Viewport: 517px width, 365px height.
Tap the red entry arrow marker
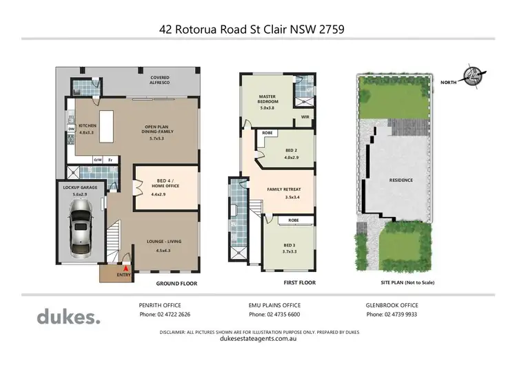125,269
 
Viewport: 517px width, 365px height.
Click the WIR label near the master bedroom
305,118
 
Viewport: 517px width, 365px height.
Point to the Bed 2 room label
291,153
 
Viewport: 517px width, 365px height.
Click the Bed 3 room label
288,249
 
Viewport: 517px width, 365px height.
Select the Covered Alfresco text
162,80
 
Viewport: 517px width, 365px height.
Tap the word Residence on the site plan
401,180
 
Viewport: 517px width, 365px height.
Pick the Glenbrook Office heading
392,304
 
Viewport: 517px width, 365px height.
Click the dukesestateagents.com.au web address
258,338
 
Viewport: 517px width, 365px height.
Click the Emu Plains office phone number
274,315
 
